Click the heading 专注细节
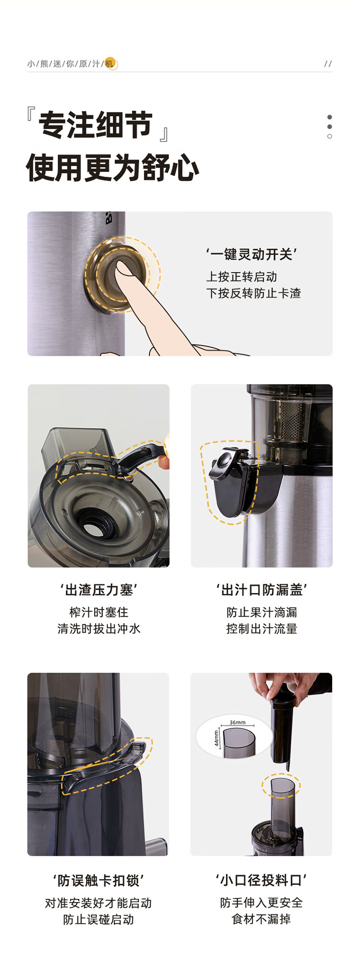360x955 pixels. (96, 125)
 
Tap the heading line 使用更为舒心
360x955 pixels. (113, 168)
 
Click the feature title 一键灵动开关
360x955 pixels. (251, 254)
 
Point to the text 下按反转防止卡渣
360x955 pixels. (253, 293)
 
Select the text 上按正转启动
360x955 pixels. (241, 277)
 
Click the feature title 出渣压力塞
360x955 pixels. (99, 590)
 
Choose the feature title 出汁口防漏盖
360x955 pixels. (262, 590)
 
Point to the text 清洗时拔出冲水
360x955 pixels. (99, 629)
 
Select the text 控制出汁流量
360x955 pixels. (262, 629)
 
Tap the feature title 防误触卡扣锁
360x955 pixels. (98, 881)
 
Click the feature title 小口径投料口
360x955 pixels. (261, 880)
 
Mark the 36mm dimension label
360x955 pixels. (238, 722)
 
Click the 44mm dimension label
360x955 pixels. (216, 738)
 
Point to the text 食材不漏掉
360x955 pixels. (261, 919)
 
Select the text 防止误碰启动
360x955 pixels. (98, 919)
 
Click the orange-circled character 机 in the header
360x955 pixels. (110, 63)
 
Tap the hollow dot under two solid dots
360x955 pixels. (329, 136)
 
